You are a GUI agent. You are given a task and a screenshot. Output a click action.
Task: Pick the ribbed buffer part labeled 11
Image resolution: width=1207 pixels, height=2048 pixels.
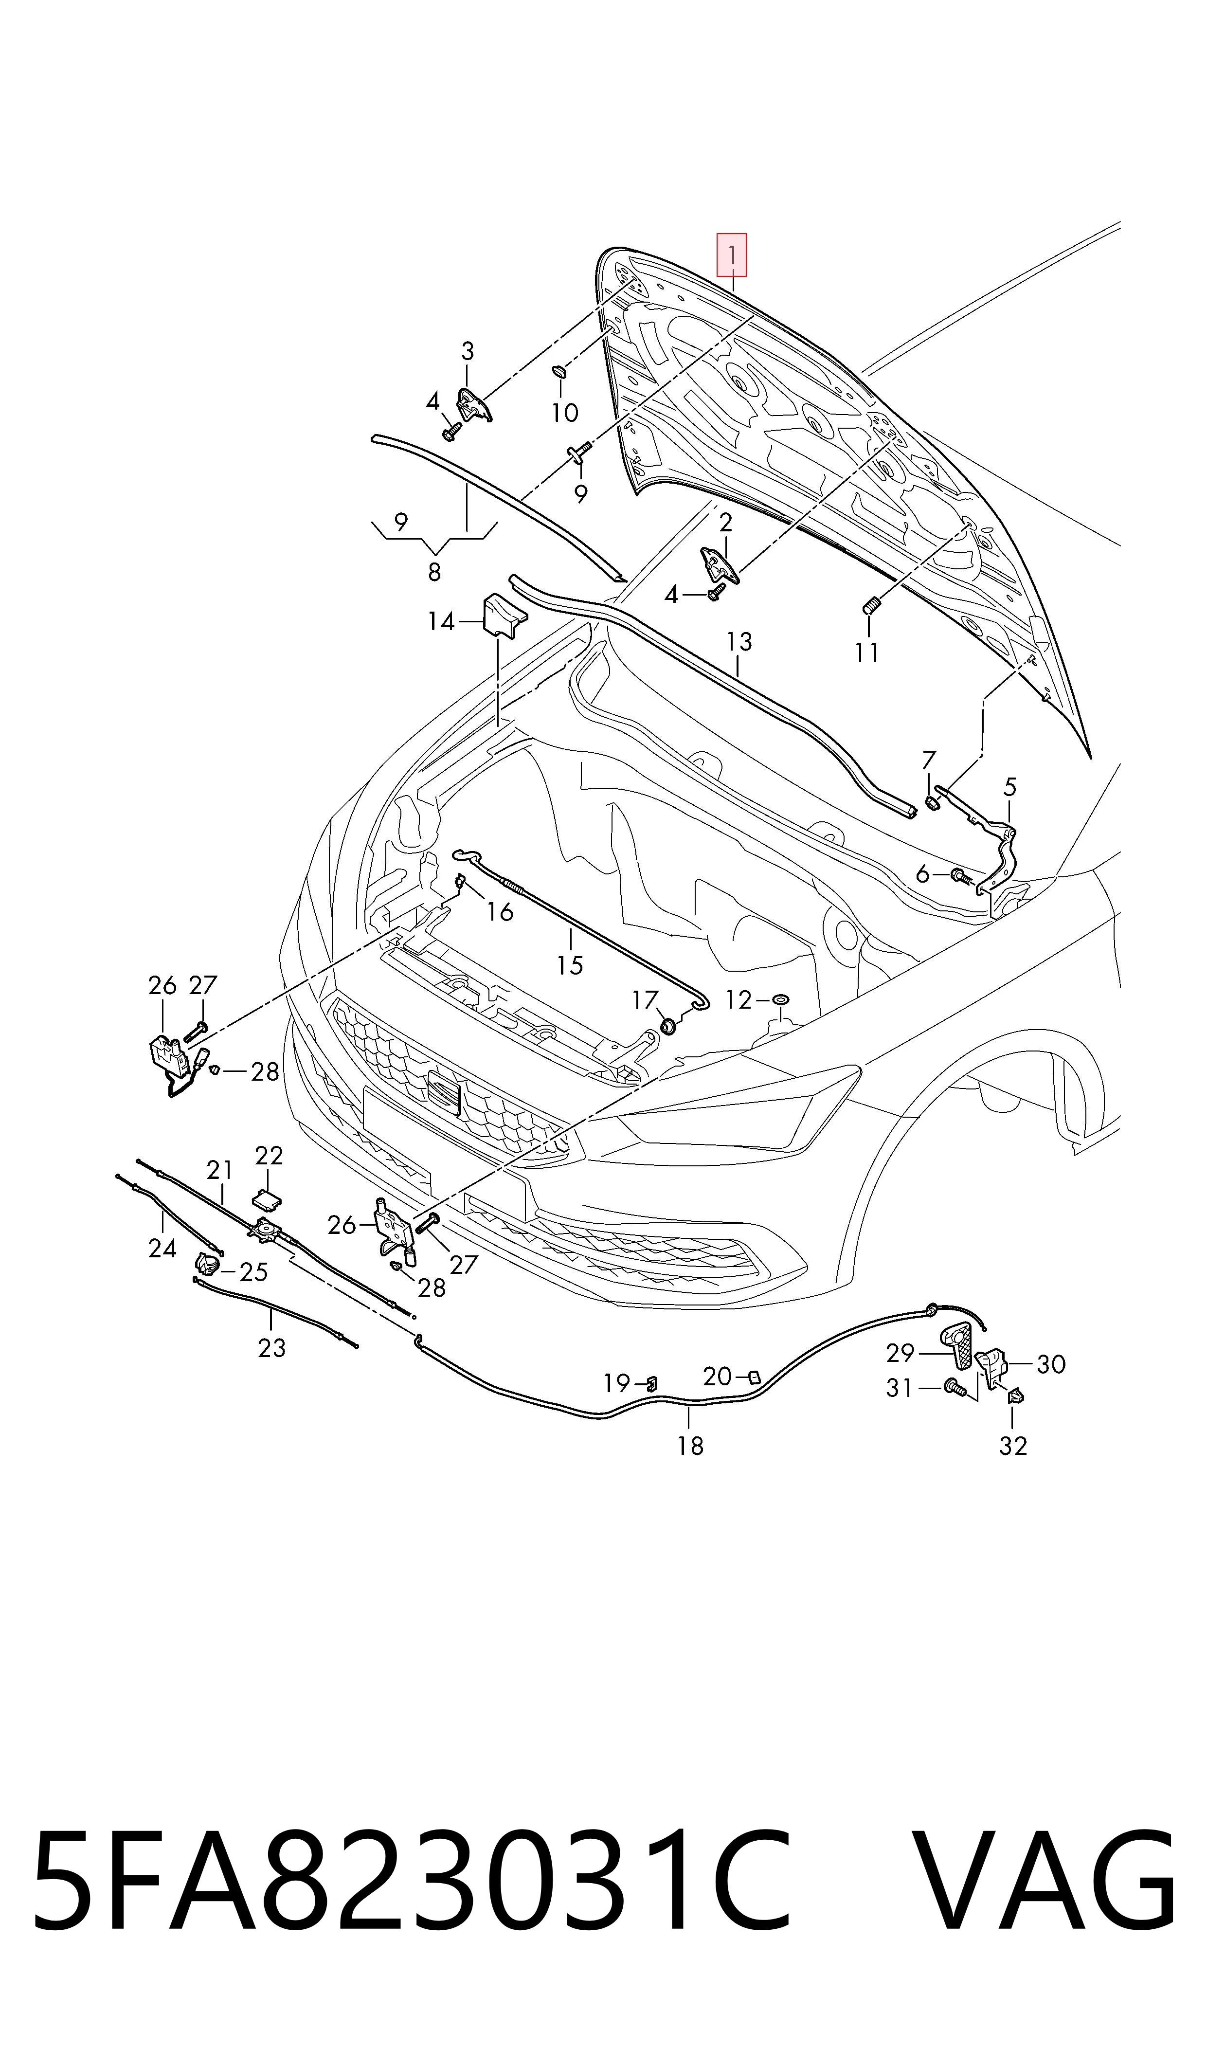pyautogui.click(x=870, y=605)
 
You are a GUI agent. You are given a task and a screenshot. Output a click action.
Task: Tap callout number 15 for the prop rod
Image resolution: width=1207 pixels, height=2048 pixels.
pyautogui.click(x=570, y=964)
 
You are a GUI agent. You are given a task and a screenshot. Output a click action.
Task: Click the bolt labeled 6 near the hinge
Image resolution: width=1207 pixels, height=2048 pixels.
pyautogui.click(x=960, y=876)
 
